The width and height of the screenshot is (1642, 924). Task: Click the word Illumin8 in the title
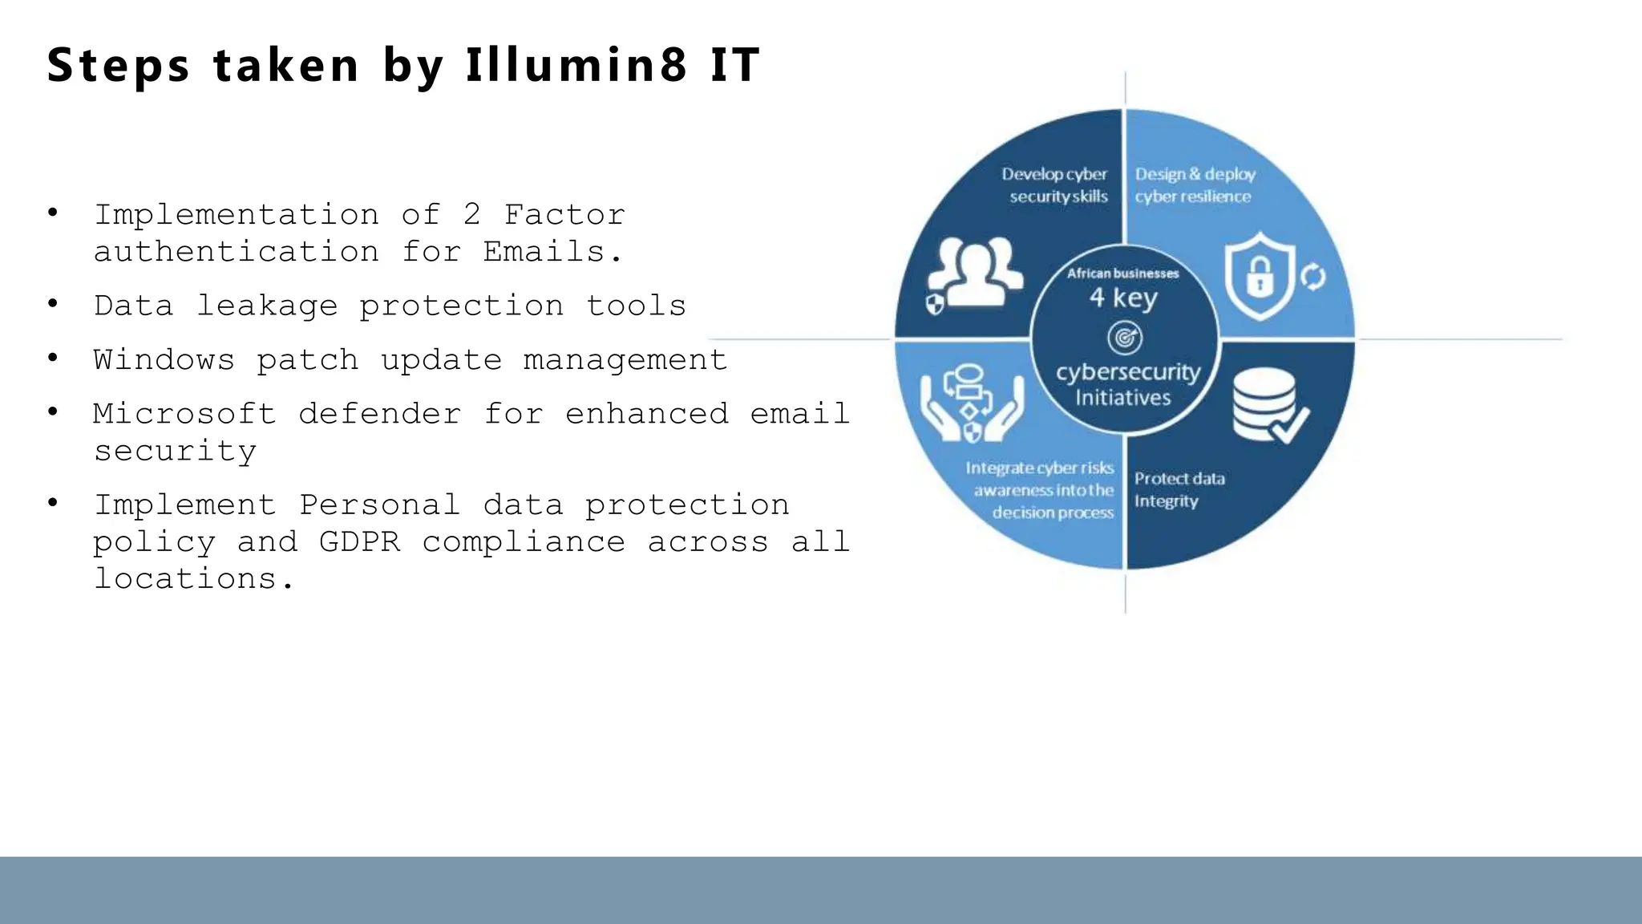576,65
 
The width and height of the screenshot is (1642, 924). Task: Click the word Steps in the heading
119,66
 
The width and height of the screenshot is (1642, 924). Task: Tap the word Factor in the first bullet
564,215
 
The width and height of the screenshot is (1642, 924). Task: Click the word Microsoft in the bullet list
184,414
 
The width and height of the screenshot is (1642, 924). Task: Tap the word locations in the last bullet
185,578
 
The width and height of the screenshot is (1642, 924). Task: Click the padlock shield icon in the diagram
1260,276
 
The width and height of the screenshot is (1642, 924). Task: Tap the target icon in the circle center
1125,338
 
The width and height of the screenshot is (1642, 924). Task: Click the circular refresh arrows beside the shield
1312,277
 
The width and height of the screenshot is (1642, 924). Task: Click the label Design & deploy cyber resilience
1195,185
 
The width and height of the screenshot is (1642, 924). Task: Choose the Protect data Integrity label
1179,489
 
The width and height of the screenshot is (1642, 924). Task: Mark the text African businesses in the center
1122,274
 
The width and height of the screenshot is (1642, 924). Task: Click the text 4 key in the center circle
1123,298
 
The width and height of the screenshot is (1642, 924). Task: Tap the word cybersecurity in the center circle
1128,372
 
